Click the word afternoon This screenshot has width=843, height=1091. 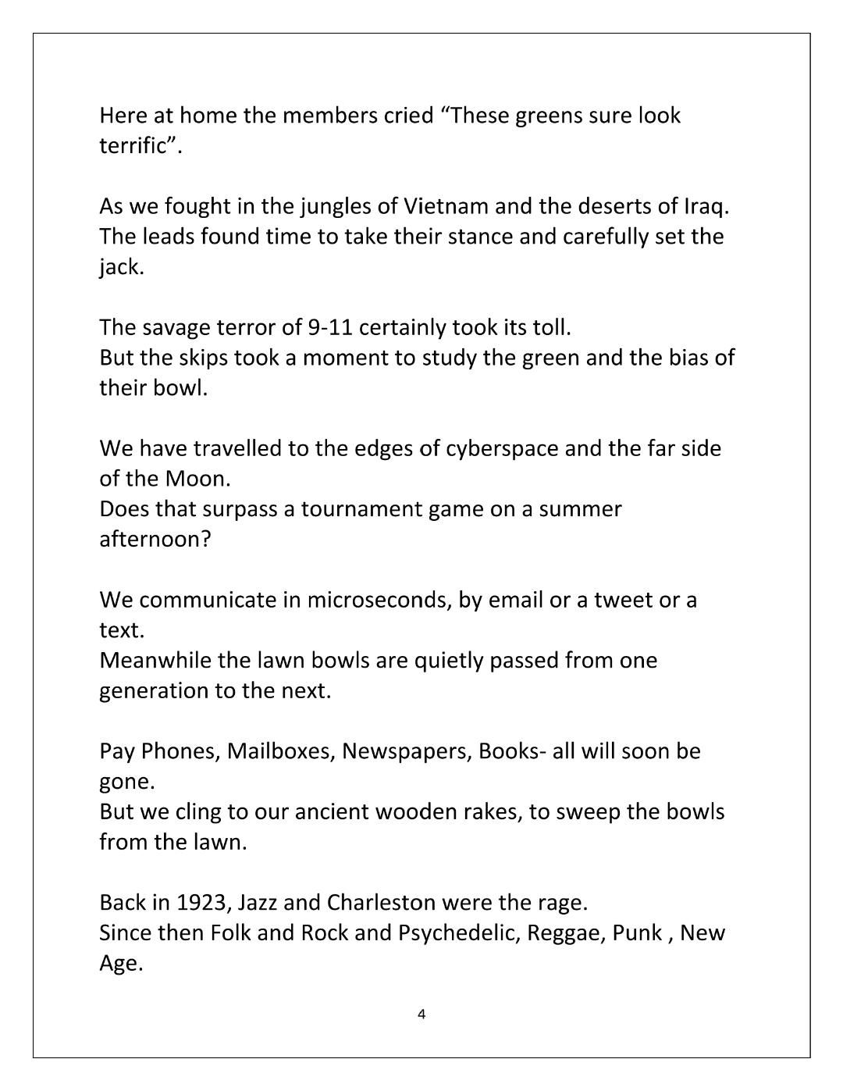pos(154,539)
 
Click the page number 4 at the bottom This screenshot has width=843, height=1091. pos(421,1014)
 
